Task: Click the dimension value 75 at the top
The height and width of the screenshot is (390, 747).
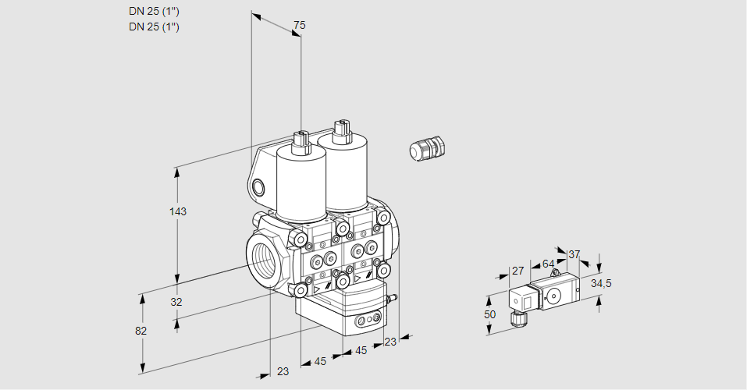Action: pyautogui.click(x=299, y=26)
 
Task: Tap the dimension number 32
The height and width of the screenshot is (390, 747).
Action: pyautogui.click(x=176, y=302)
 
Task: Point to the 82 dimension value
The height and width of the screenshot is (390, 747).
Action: pyautogui.click(x=141, y=331)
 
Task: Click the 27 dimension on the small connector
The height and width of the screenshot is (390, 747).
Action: pyautogui.click(x=518, y=271)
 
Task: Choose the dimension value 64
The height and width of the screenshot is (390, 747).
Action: pyautogui.click(x=548, y=264)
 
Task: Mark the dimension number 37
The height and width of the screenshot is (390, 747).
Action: pyautogui.click(x=574, y=254)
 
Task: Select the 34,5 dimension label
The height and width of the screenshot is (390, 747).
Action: pyautogui.click(x=600, y=283)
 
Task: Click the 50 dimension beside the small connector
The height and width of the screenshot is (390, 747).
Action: pyautogui.click(x=489, y=314)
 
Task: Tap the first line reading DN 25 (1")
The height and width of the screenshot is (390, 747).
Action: pyautogui.click(x=154, y=12)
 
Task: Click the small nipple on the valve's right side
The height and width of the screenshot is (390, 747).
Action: pyautogui.click(x=394, y=297)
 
